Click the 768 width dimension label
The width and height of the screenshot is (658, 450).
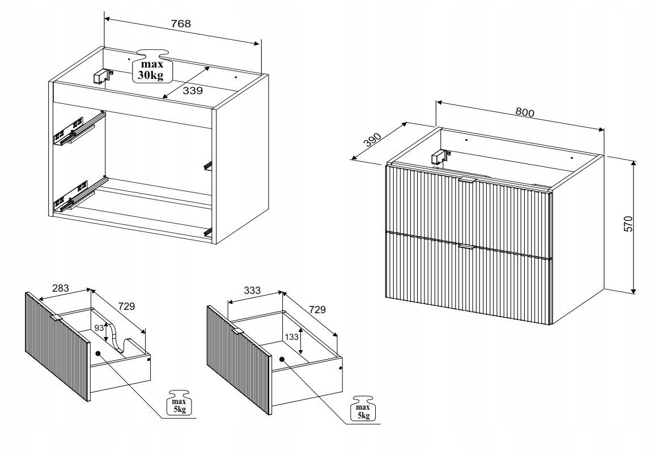click(181, 24)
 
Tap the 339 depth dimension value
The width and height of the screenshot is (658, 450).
click(193, 91)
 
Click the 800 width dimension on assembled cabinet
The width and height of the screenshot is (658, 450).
click(525, 112)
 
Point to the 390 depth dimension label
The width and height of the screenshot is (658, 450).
click(372, 140)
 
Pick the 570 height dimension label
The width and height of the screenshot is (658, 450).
click(628, 224)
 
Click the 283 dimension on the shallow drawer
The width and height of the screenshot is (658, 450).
click(60, 288)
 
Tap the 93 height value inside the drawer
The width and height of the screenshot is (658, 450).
click(99, 328)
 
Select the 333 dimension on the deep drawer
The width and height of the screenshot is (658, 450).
click(252, 291)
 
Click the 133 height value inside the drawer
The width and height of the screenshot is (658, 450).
click(292, 337)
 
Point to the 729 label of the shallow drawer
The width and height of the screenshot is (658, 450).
click(126, 306)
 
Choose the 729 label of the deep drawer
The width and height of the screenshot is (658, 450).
click(317, 310)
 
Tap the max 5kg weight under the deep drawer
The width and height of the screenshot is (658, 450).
click(363, 408)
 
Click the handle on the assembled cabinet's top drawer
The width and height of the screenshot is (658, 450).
click(468, 180)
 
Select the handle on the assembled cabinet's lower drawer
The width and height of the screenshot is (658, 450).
click(466, 247)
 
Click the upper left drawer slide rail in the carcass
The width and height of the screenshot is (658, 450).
click(78, 128)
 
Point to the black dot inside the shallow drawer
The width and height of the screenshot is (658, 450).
click(98, 354)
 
